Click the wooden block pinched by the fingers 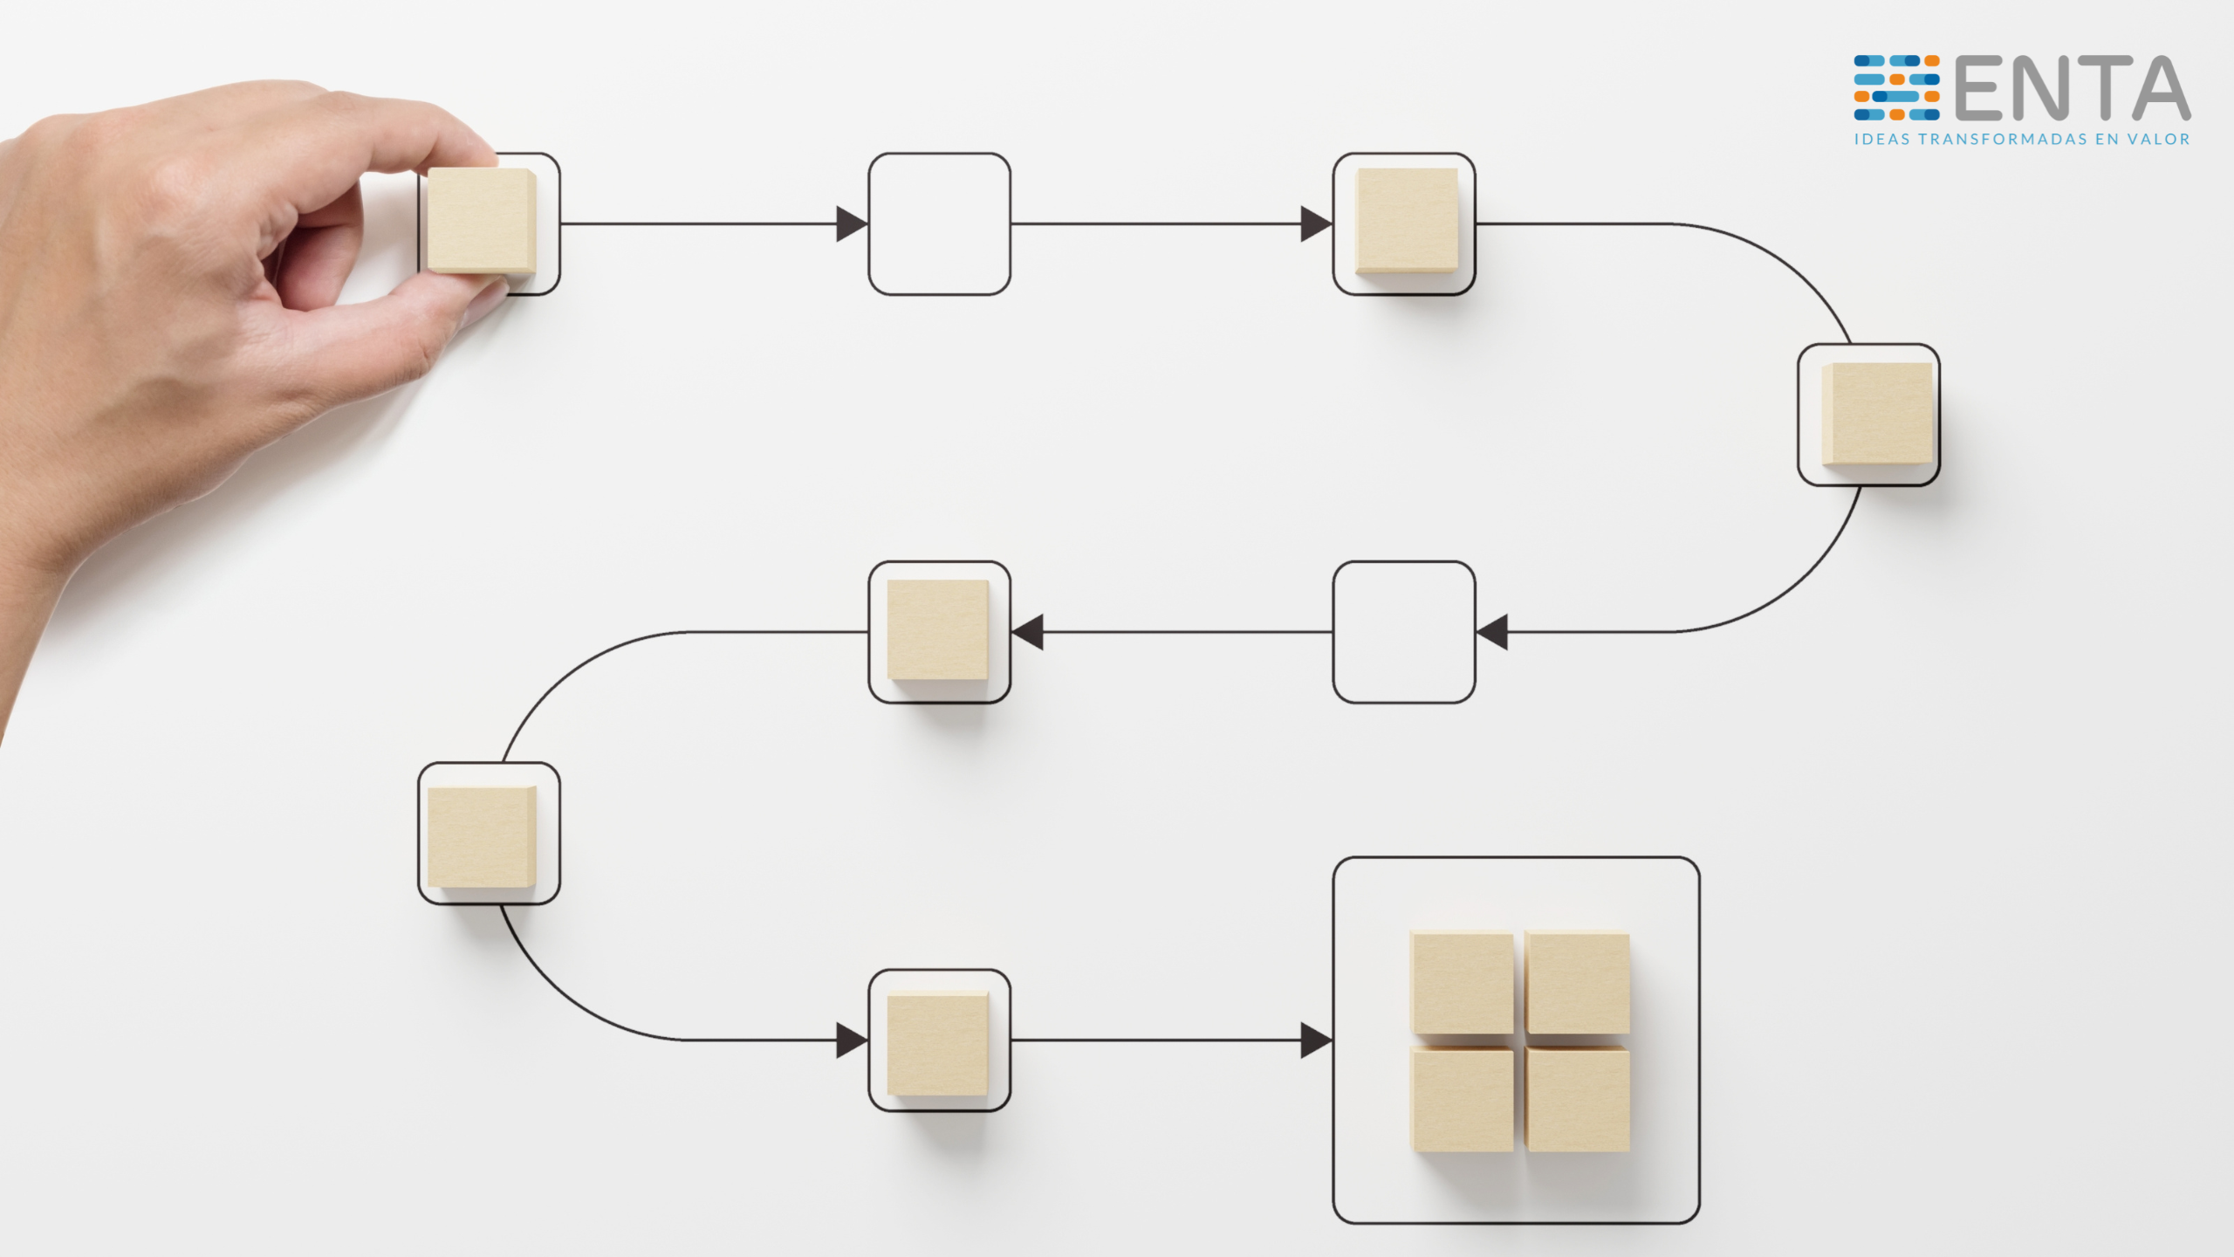[481, 222]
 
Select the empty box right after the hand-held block [939, 224]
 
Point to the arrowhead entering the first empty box [852, 224]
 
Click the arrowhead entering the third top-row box [1316, 224]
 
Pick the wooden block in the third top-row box [1407, 221]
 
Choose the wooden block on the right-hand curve [1877, 415]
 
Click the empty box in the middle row [1404, 632]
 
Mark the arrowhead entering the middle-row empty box [1491, 632]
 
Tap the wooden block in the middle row [938, 630]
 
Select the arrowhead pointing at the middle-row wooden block [1027, 632]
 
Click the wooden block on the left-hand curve [482, 837]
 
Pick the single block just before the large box [938, 1043]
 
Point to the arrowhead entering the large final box [1316, 1041]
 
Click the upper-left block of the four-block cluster [1463, 983]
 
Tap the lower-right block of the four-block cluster [1578, 1100]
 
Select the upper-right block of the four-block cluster [1578, 983]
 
